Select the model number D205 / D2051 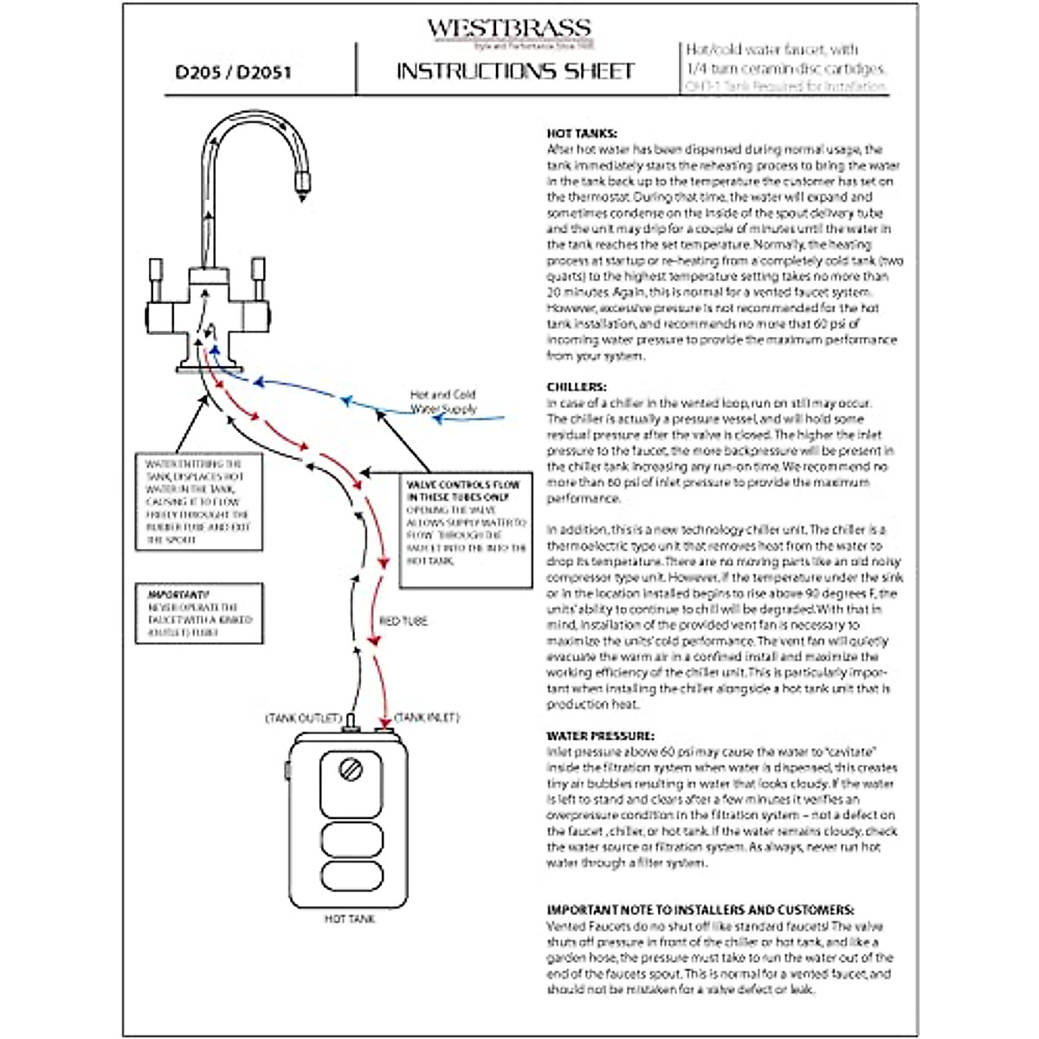[x=233, y=72]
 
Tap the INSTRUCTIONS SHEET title [x=515, y=71]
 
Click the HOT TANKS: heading [x=582, y=133]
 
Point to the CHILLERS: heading [x=577, y=387]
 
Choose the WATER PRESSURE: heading [x=600, y=736]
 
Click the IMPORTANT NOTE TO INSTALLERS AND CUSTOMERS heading [x=700, y=910]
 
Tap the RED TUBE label [x=403, y=621]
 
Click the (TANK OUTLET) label [x=303, y=719]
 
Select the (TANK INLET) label [x=427, y=718]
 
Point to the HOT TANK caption [x=350, y=919]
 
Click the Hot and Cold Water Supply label [x=442, y=401]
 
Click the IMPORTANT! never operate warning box [x=199, y=614]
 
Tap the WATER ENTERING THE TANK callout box [x=198, y=501]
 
